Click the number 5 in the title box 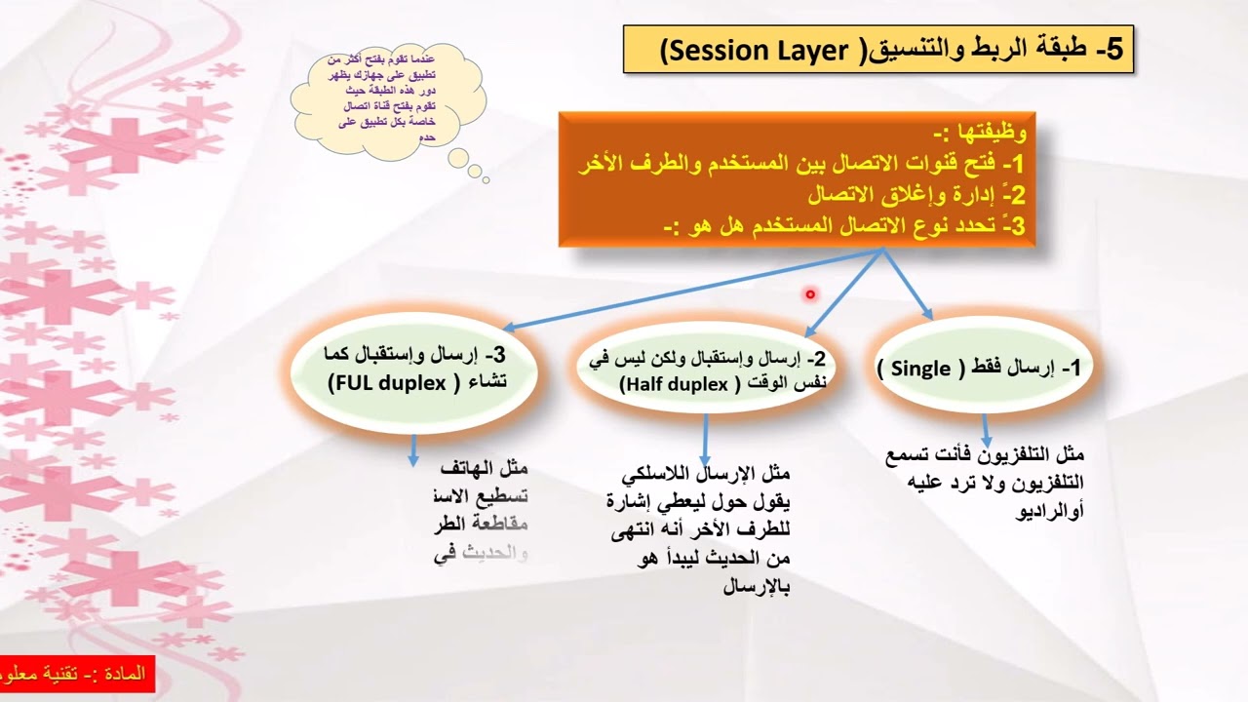[1111, 51]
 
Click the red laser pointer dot [809, 293]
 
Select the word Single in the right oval [920, 369]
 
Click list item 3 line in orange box [838, 226]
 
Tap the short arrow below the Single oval [986, 429]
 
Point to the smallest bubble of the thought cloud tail [486, 178]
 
